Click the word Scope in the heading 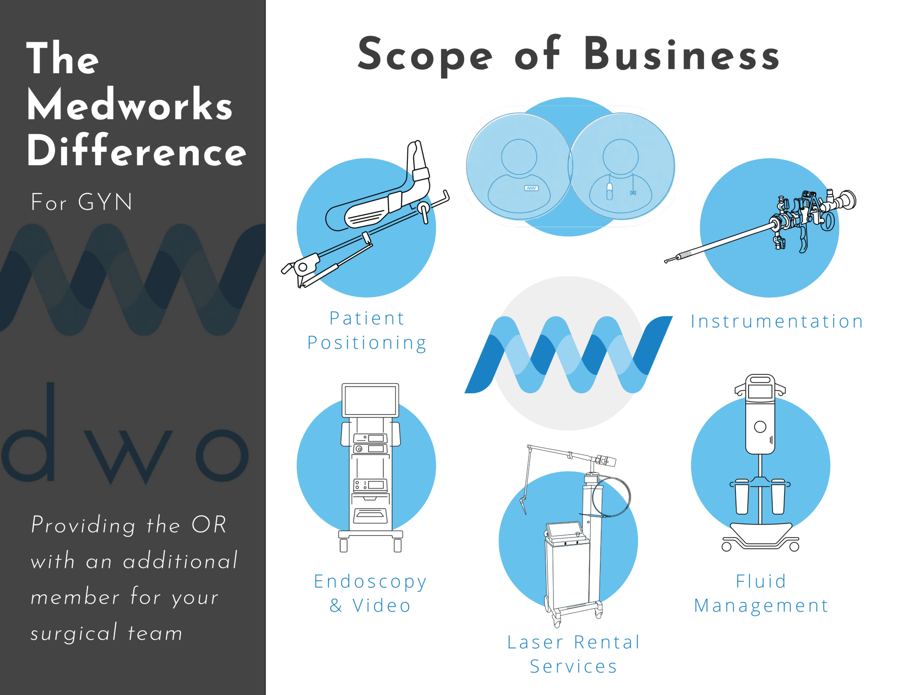point(425,55)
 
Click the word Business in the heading point(682,55)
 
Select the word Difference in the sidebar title point(136,151)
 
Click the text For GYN point(82,202)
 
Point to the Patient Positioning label point(367,330)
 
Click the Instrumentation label point(777,321)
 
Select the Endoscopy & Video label point(370,593)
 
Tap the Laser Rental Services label point(573,654)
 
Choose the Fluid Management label point(761,593)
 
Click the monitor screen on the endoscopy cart point(370,400)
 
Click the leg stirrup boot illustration point(384,197)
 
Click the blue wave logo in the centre point(568,355)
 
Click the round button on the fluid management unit point(760,427)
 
